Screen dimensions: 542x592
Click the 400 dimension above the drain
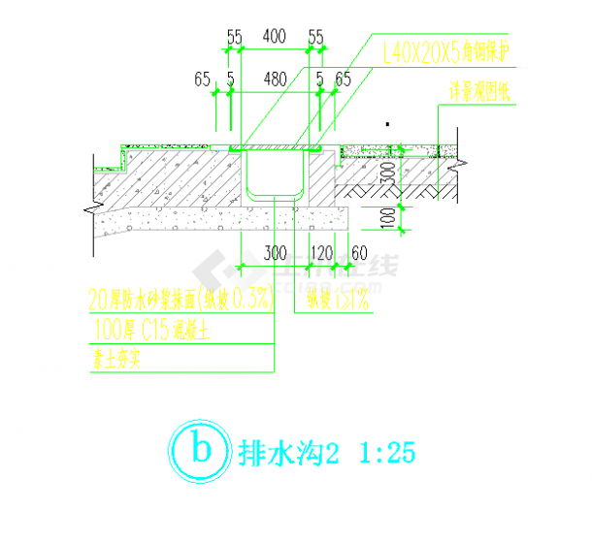[x=274, y=36]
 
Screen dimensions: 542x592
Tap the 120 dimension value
[x=320, y=254]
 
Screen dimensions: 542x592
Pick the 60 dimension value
[x=358, y=254]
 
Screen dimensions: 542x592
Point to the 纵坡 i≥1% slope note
[x=338, y=301]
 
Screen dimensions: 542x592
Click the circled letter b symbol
[x=198, y=449]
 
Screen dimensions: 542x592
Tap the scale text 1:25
[x=387, y=451]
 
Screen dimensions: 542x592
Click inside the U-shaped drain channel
[x=276, y=175]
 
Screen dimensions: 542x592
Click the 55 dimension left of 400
[x=235, y=36]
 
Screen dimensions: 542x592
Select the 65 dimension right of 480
[x=343, y=79]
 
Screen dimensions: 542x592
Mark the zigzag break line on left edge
[x=89, y=207]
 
